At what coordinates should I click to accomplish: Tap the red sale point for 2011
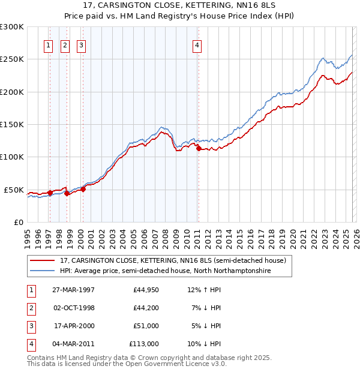[198, 149]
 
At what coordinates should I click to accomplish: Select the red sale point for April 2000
[83, 189]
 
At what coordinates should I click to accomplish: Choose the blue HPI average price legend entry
[165, 271]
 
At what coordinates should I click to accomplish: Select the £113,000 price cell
[145, 344]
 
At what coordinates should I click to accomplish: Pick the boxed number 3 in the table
[30, 326]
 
